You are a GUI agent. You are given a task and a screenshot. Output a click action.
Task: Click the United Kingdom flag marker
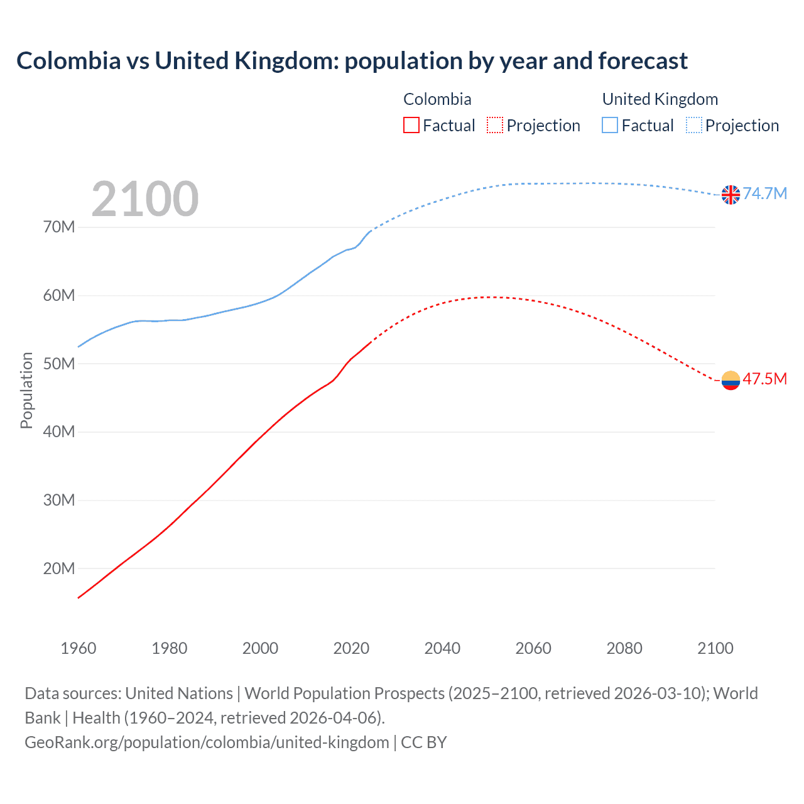pos(731,195)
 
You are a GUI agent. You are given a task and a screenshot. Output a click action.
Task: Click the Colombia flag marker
pos(731,380)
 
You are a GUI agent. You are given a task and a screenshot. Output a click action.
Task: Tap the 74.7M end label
pos(764,193)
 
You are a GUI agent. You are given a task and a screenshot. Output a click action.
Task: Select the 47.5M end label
pos(764,379)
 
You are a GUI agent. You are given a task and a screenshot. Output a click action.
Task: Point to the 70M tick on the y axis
pos(59,227)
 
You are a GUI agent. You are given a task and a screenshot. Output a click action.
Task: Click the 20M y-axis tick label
pos(59,568)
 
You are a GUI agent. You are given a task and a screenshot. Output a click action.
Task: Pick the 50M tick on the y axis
pos(59,364)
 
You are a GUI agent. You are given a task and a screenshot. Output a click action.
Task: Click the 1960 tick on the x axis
pos(79,648)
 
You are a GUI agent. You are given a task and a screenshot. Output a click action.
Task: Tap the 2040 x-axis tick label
pos(442,648)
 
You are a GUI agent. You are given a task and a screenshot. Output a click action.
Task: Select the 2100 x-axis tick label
pos(715,648)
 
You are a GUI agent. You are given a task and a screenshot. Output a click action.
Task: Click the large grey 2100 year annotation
pos(145,199)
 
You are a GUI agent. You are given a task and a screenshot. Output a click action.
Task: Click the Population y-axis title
pos(26,390)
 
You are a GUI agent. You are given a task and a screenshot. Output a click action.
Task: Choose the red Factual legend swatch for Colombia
pos(411,126)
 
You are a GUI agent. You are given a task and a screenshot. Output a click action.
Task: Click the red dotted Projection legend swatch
pos(495,126)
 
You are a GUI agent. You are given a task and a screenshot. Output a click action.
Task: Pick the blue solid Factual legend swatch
pos(610,126)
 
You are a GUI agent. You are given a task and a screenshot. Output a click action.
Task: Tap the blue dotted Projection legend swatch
pos(693,126)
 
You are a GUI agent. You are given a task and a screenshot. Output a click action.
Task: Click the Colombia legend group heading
pos(437,99)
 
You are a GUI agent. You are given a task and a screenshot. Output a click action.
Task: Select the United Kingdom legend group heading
pos(660,99)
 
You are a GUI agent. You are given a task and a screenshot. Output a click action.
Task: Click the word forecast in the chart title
pos(643,61)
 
